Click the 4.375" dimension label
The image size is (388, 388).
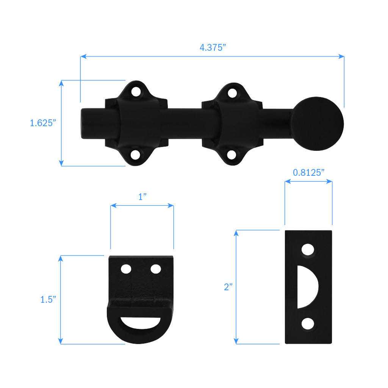coord(213,47)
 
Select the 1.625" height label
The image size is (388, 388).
coord(43,123)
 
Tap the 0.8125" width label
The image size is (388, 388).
coord(308,172)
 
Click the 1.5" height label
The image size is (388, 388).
coord(48,299)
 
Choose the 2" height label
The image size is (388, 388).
coord(227,287)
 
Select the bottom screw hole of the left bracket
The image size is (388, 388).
coord(135,155)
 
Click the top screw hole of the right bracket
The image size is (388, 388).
coord(232,92)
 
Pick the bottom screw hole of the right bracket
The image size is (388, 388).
coord(232,155)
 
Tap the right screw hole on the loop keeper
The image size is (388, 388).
coord(156,269)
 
